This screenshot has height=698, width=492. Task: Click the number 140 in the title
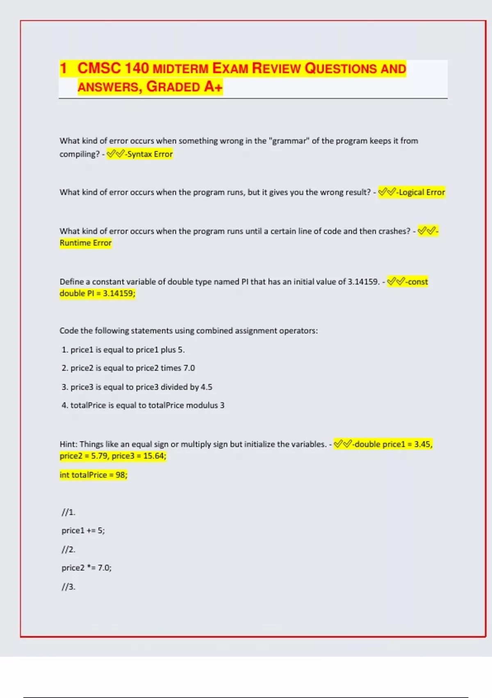point(137,68)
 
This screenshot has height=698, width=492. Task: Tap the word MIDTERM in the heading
point(180,69)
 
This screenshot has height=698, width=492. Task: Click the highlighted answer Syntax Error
point(150,154)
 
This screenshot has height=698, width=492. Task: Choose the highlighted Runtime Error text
point(86,243)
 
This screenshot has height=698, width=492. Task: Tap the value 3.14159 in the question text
point(363,282)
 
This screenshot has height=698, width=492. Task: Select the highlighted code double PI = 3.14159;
point(97,293)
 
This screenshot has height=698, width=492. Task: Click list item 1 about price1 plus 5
point(123,350)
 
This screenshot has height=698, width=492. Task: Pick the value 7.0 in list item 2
point(189,368)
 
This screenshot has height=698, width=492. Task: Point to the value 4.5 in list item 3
point(206,387)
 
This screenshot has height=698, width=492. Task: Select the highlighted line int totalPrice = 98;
point(93,475)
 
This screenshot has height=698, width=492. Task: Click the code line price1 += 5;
point(83,530)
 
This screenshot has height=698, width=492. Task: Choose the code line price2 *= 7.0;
point(87,568)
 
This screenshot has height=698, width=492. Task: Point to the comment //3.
point(68,587)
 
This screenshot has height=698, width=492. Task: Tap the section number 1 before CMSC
point(63,68)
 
